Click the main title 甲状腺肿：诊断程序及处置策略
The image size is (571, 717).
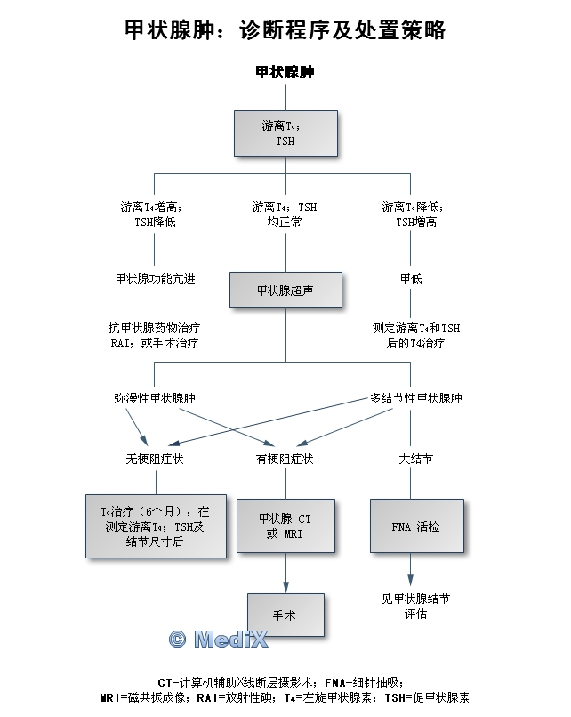pos(285,30)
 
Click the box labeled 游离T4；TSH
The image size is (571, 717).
pos(285,133)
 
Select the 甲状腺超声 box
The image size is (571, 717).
pos(285,290)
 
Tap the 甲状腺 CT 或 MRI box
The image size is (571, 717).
pos(285,526)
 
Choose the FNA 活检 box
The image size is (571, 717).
pos(415,526)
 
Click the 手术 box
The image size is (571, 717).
pos(285,615)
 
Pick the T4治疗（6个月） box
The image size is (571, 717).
pos(156,526)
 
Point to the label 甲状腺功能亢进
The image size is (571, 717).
pos(156,279)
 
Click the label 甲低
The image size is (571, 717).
pos(411,279)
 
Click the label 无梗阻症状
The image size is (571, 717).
pos(155,460)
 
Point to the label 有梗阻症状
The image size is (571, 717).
pos(285,460)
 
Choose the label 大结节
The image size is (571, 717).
pos(415,460)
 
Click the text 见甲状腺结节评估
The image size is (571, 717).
pos(414,607)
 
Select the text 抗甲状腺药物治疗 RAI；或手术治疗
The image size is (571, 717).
pos(155,335)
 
